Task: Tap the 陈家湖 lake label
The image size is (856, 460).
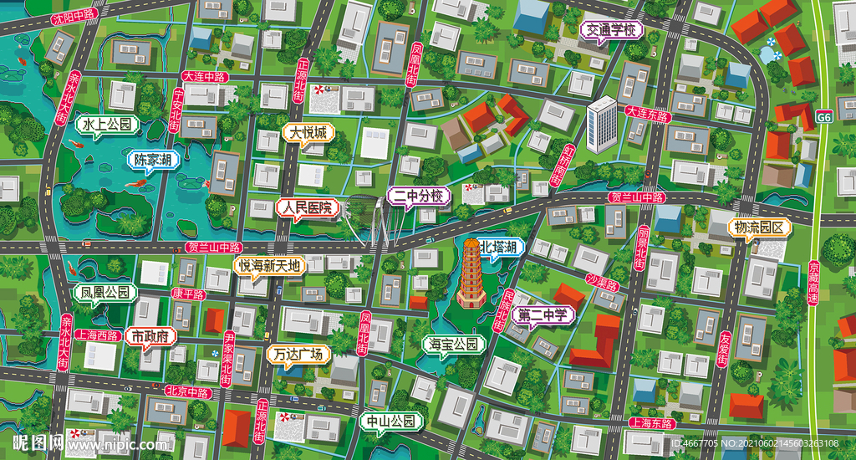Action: [153, 159]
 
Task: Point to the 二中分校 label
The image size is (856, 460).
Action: [420, 197]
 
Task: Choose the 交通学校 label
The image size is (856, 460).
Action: [612, 31]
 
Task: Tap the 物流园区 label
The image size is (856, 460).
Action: [758, 227]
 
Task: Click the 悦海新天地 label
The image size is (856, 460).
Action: [269, 266]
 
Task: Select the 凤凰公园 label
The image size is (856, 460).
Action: [104, 293]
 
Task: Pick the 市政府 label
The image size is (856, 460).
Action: [151, 336]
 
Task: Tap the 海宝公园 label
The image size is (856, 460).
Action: [454, 344]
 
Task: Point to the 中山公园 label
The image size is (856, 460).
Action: [391, 421]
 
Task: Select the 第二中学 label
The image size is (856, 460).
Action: [543, 315]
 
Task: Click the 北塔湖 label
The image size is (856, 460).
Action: [502, 246]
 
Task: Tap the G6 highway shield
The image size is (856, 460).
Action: [825, 118]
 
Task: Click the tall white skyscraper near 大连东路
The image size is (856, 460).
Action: [601, 125]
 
